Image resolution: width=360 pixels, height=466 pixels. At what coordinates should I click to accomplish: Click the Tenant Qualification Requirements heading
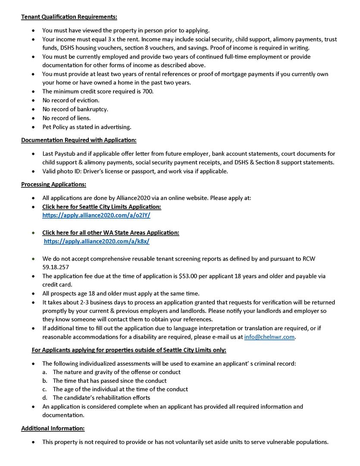tap(69, 17)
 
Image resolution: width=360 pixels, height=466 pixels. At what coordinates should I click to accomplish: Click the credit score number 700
tap(147, 91)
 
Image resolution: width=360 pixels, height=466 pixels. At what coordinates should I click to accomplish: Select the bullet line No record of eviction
tap(71, 101)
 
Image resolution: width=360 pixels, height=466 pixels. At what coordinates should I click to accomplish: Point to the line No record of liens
tap(66, 118)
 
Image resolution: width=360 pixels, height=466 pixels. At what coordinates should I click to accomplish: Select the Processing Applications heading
tap(53, 184)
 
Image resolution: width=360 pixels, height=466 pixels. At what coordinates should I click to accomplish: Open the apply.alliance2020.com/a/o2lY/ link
tap(96, 215)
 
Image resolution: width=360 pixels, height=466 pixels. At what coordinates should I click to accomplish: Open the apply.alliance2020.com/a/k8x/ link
tap(97, 242)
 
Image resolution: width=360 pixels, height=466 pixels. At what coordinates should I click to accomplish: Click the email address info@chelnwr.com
tap(269, 337)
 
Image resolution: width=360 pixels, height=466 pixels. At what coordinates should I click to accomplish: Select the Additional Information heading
tap(53, 428)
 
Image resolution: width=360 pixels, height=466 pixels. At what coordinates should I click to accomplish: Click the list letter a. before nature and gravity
tap(45, 372)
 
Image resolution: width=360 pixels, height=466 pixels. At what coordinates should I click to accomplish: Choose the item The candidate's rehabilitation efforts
tap(101, 398)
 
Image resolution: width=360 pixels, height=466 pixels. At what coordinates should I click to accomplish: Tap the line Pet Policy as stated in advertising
tap(87, 127)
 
